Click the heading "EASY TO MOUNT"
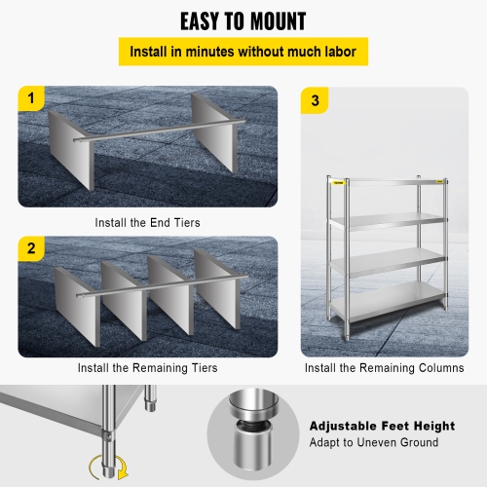pyautogui.click(x=243, y=20)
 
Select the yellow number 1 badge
pyautogui.click(x=32, y=99)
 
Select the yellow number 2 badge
pyautogui.click(x=32, y=249)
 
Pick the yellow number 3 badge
pyautogui.click(x=314, y=99)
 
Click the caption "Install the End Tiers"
pyautogui.click(x=147, y=222)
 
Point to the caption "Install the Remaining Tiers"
pyautogui.click(x=147, y=368)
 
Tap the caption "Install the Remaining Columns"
pyautogui.click(x=384, y=368)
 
